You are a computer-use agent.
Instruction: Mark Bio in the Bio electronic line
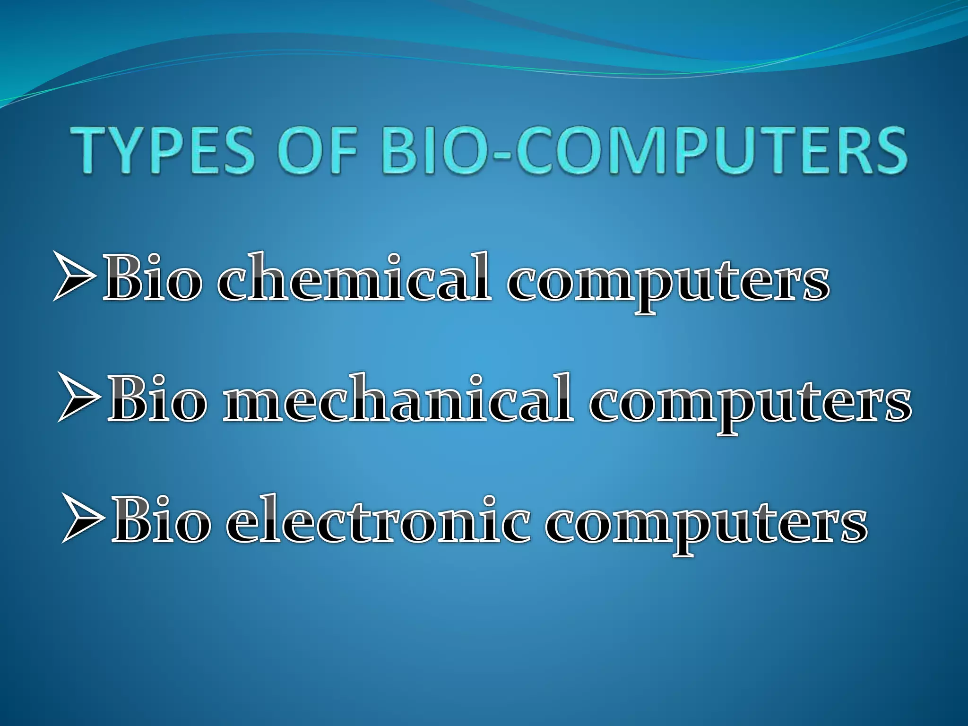coord(161,520)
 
